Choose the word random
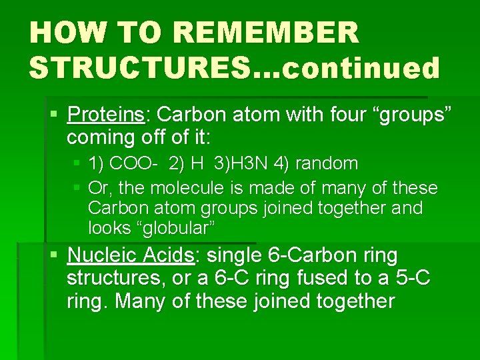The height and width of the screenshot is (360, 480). (x=329, y=163)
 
